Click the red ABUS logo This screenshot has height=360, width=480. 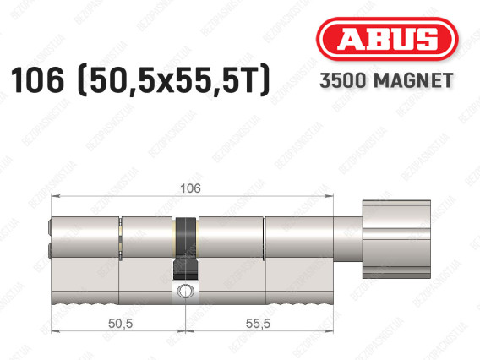coord(387,39)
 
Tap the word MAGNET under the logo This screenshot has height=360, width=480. coord(413,80)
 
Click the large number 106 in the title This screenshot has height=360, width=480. coord(37,79)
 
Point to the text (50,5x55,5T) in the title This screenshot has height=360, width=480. coord(174,80)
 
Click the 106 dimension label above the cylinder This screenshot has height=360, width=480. coord(190,188)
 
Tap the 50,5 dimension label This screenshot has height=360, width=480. coord(120,324)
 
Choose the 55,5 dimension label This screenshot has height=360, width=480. coord(258,324)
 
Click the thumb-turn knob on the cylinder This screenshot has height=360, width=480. coord(396,239)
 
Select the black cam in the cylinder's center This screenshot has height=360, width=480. coord(186,248)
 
